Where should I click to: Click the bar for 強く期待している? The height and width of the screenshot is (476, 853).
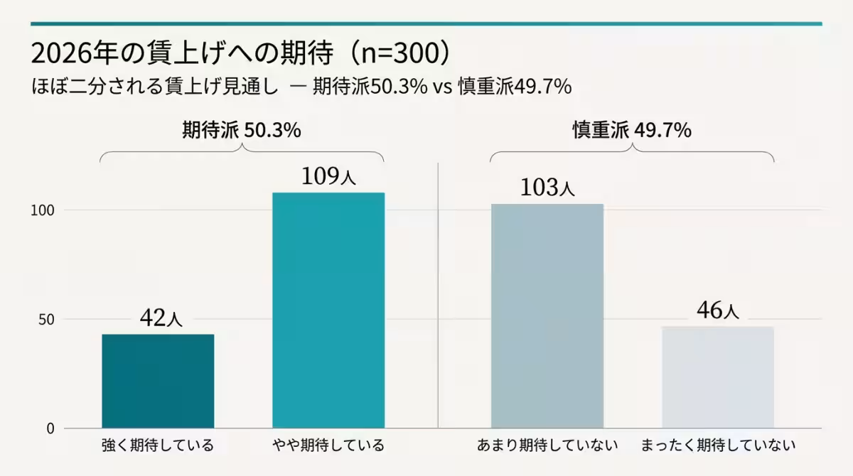(x=158, y=381)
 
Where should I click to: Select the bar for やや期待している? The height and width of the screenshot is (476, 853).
(x=328, y=310)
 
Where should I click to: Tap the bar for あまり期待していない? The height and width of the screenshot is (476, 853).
(x=547, y=316)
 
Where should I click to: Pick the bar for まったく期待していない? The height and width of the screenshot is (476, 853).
(x=717, y=377)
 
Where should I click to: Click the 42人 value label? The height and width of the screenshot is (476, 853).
(x=161, y=318)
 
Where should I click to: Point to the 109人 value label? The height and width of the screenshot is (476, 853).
(x=328, y=176)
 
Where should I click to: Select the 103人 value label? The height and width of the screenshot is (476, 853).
(x=547, y=188)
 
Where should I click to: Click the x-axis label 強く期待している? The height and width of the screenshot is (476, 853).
(x=158, y=446)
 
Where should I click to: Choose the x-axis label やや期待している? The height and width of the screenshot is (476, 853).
(x=328, y=446)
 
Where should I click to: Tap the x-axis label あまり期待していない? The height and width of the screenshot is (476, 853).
(x=547, y=446)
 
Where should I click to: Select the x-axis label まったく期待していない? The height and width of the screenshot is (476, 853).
(x=718, y=446)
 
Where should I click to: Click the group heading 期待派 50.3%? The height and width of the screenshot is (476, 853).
(x=242, y=131)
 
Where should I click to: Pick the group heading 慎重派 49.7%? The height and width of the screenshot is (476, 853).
(x=632, y=131)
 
